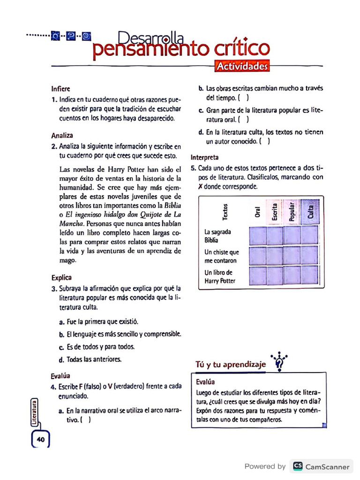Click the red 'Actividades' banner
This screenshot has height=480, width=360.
[242, 67]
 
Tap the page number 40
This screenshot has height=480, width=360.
[40, 440]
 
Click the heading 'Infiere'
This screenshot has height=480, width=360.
[61, 88]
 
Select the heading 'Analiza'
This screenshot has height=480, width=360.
[62, 135]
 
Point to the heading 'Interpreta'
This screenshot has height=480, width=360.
[204, 157]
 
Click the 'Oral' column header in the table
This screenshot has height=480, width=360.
[257, 212]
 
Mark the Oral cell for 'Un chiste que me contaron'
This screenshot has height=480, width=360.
[257, 255]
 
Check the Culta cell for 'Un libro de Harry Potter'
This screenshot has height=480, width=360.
[309, 276]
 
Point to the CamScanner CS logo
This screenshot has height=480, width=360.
[297, 466]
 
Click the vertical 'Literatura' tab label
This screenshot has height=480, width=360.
[34, 412]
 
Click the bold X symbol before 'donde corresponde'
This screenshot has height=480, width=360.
[201, 186]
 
